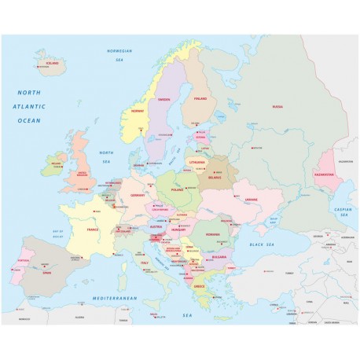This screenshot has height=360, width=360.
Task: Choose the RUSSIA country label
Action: (277, 106)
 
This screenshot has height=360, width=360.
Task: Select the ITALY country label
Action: (144, 262)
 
